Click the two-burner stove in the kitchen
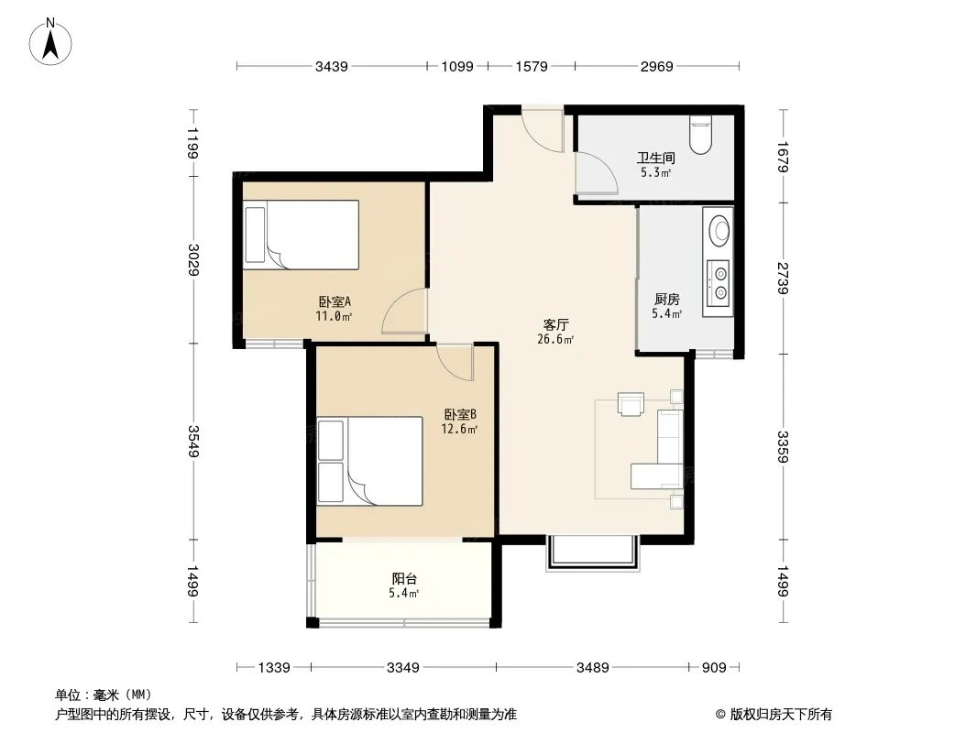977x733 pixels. point(718,283)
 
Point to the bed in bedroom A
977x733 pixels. point(301,235)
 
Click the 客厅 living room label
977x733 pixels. point(555,324)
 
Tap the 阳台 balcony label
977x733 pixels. point(404,578)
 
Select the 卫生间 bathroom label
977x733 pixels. point(655,159)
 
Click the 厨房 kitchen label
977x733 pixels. point(666,300)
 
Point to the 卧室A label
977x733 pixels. point(335,302)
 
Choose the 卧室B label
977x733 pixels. point(460,414)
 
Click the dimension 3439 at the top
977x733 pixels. point(332,67)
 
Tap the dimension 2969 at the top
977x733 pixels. point(657,67)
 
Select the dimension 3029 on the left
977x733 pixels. point(193,259)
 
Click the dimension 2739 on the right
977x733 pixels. point(784,278)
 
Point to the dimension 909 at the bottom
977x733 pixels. point(714,668)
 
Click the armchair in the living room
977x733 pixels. point(631,403)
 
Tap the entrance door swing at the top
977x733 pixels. point(543,129)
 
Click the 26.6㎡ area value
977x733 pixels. point(555,339)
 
